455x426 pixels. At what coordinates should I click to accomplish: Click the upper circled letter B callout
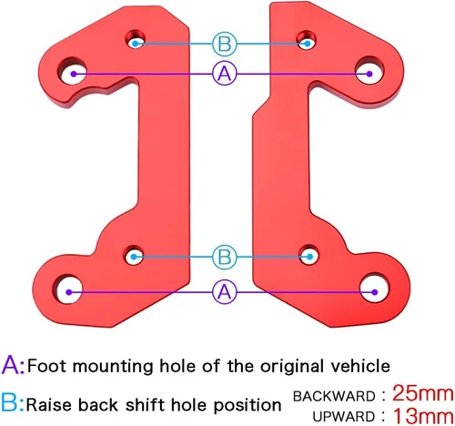(225, 44)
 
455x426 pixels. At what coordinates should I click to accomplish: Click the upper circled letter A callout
(225, 74)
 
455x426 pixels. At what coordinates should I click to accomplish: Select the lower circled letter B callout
(225, 257)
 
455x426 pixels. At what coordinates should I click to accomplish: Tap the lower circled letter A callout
(225, 292)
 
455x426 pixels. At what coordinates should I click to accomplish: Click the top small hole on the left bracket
(136, 40)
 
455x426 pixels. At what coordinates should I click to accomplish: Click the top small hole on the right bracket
(307, 40)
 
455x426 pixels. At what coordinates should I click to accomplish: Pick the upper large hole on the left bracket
(72, 72)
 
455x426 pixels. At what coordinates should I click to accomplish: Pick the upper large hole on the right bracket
(369, 71)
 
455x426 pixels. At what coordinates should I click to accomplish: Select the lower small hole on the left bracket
(134, 255)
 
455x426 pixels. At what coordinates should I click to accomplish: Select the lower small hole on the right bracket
(308, 254)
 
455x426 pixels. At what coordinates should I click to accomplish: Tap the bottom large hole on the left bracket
(68, 289)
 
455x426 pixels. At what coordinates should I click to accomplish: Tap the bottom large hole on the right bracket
(374, 288)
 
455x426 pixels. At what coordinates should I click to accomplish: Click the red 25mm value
(423, 393)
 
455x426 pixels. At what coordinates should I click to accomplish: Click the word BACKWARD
(334, 396)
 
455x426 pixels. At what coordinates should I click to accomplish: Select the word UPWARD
(344, 417)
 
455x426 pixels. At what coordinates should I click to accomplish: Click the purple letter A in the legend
(10, 365)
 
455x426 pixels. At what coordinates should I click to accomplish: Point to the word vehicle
(360, 366)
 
